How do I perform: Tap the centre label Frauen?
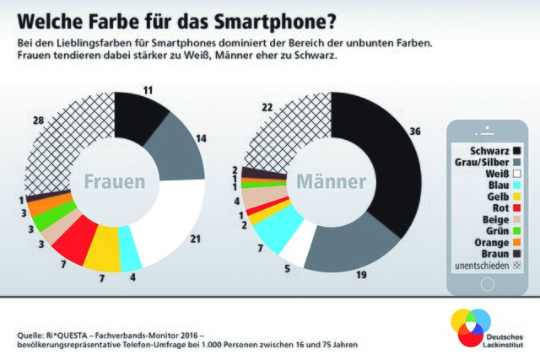click(114, 182)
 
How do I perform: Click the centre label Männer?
click(330, 182)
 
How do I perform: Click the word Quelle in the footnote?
click(30, 335)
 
